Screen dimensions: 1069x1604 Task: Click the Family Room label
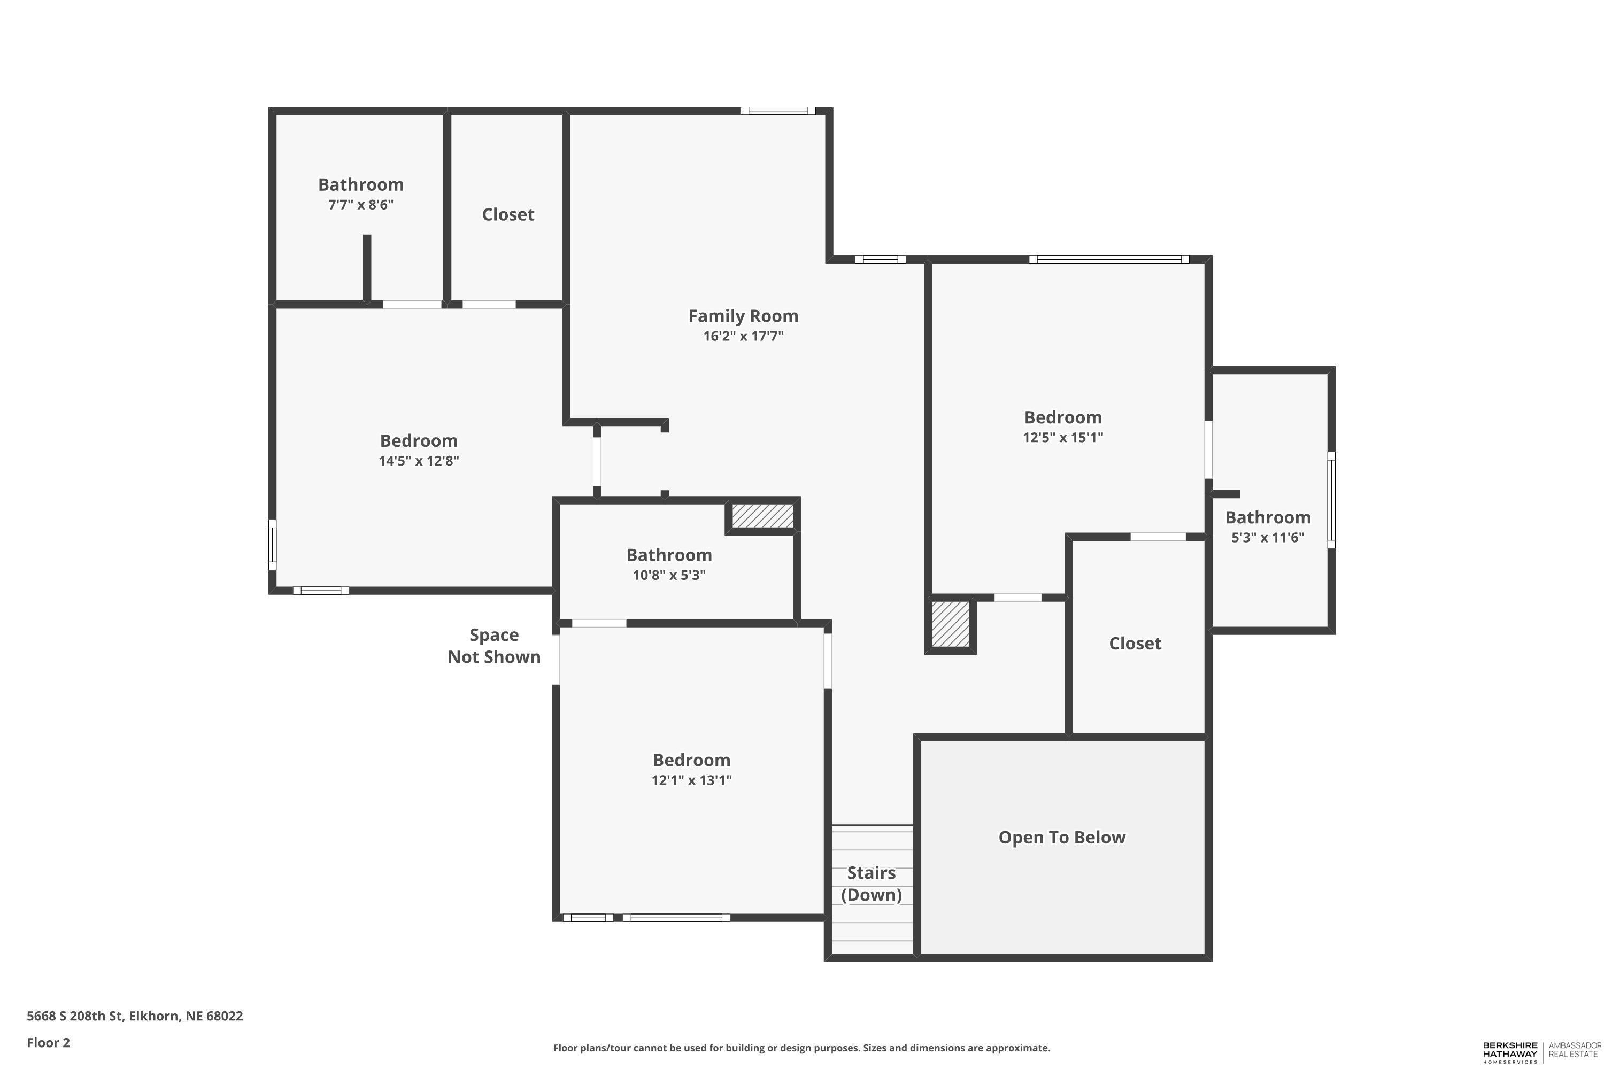pyautogui.click(x=743, y=316)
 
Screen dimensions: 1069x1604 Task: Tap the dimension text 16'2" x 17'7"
pyautogui.click(x=743, y=336)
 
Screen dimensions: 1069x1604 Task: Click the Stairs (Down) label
pyautogui.click(x=871, y=884)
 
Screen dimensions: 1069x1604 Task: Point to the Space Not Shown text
pyautogui.click(x=493, y=646)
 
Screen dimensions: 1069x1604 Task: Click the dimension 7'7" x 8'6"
pyautogui.click(x=361, y=205)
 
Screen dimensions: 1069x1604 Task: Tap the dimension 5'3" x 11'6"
pyautogui.click(x=1267, y=537)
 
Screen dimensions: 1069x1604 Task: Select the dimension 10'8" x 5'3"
pyautogui.click(x=668, y=575)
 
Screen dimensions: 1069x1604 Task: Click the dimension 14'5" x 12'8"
pyautogui.click(x=419, y=461)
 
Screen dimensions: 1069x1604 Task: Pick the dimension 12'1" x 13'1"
pyautogui.click(x=691, y=780)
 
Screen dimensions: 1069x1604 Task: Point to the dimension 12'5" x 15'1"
pyautogui.click(x=1062, y=437)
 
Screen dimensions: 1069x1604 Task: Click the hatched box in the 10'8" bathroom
pyautogui.click(x=762, y=515)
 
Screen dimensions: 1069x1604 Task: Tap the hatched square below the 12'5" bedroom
pyautogui.click(x=950, y=624)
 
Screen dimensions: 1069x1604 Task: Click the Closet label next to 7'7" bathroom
pyautogui.click(x=508, y=214)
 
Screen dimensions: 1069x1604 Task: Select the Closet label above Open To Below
pyautogui.click(x=1135, y=643)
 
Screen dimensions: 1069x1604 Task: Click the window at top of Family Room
pyautogui.click(x=777, y=111)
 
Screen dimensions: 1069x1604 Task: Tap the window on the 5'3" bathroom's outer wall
pyautogui.click(x=1331, y=499)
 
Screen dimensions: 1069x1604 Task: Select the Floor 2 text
pyautogui.click(x=49, y=1042)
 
